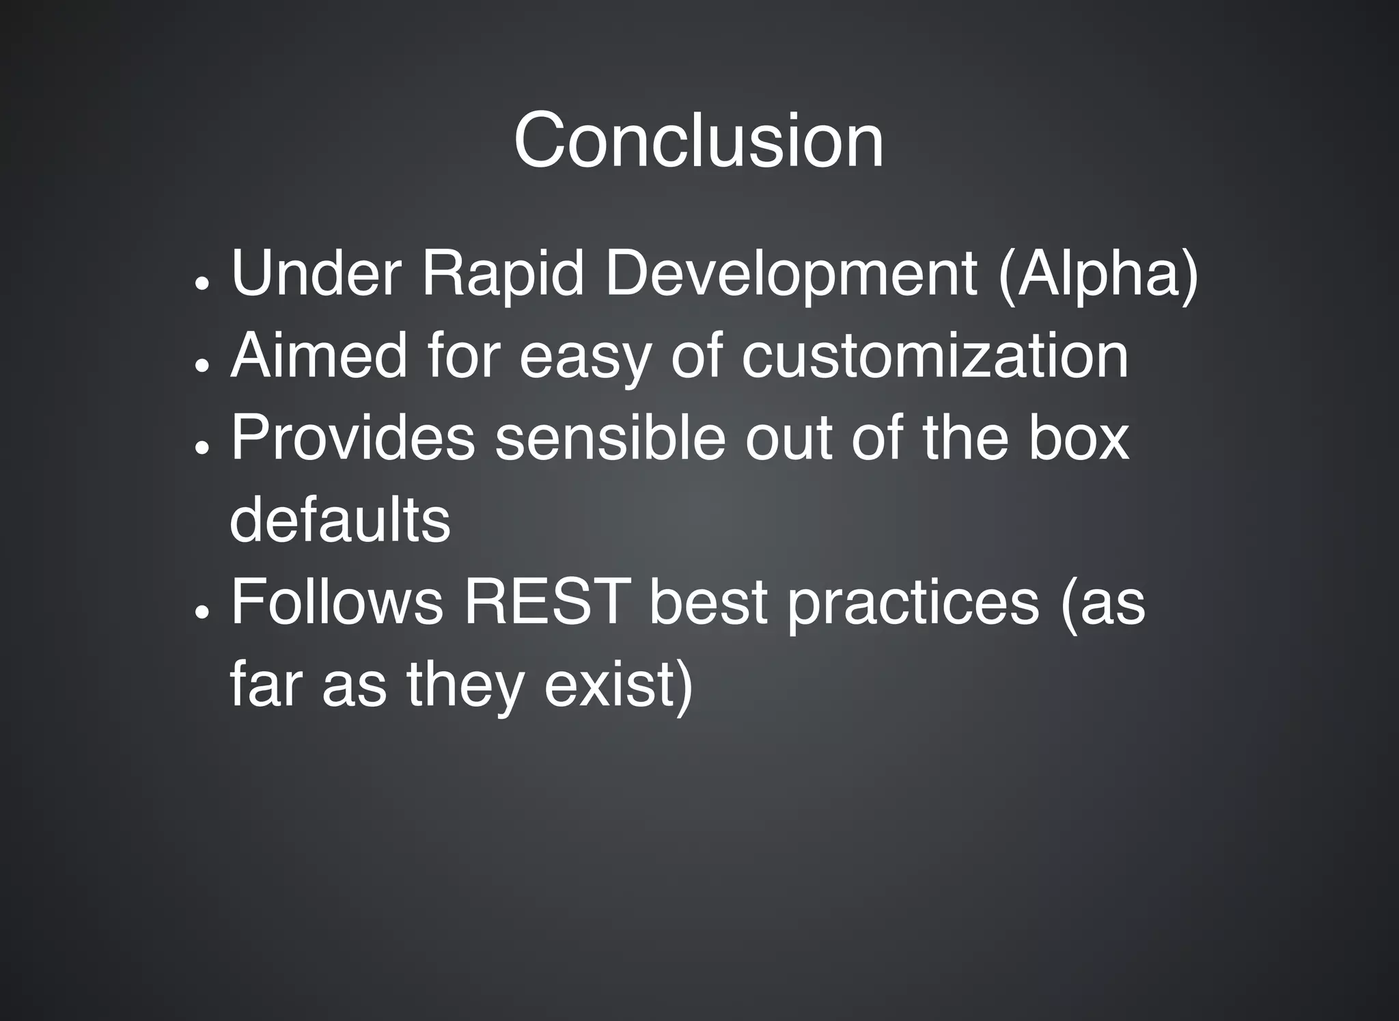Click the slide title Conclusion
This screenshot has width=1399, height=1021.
698,141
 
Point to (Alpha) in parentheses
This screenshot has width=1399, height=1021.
1098,275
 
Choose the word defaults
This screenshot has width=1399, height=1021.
340,519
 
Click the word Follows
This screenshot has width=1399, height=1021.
337,601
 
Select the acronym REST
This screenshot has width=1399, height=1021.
546,601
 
